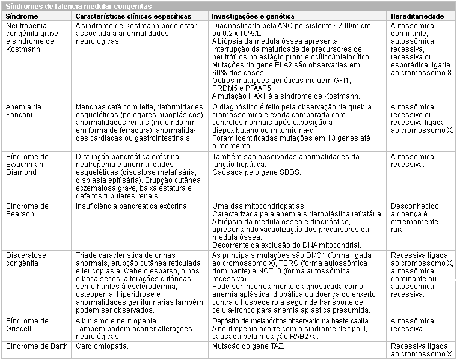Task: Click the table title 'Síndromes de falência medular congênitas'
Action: [x=78, y=5]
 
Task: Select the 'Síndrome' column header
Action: [x=22, y=14]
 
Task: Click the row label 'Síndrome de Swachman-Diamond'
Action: [x=27, y=165]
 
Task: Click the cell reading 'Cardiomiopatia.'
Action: [x=104, y=347]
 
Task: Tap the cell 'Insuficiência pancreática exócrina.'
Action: [x=132, y=206]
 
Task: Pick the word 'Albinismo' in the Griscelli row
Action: [x=93, y=321]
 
